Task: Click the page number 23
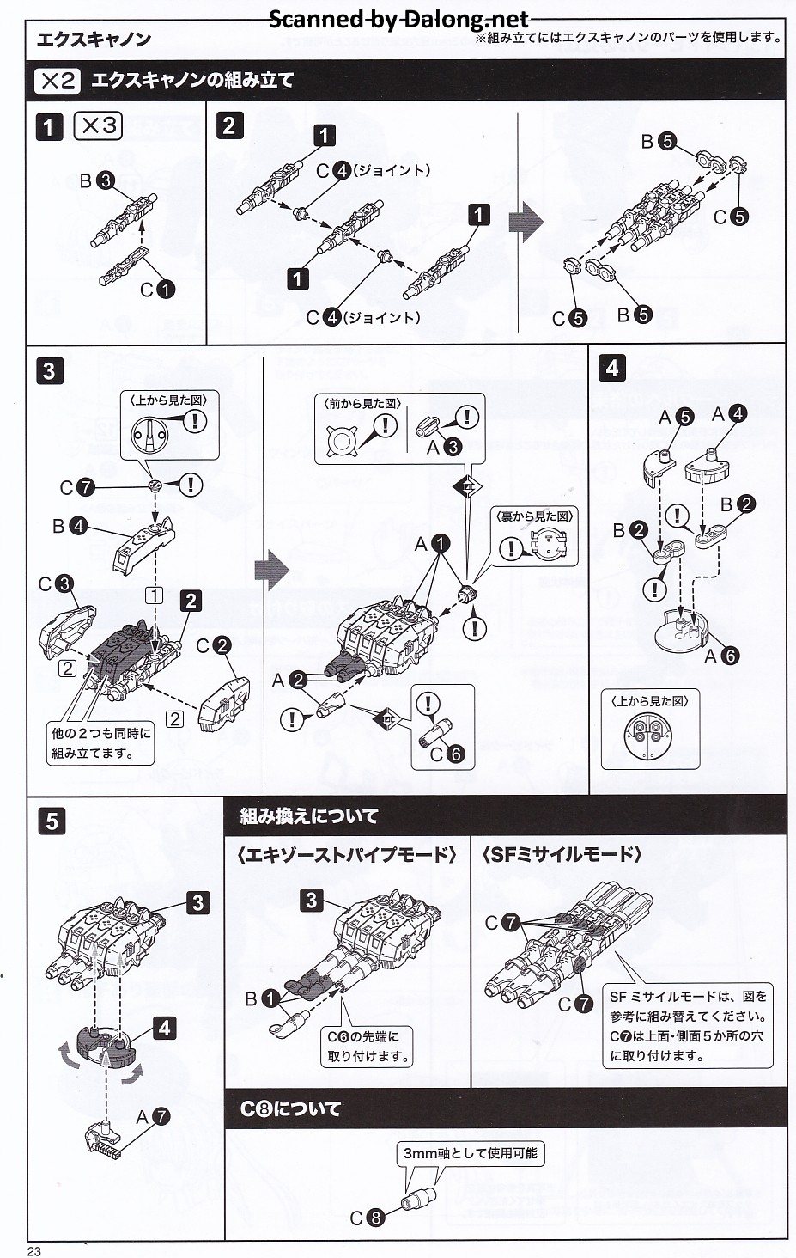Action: point(34,1251)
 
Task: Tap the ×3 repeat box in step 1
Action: point(98,125)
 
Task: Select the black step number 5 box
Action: point(52,821)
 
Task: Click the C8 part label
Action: point(366,1218)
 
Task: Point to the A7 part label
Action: point(153,1116)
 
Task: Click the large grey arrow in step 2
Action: point(526,223)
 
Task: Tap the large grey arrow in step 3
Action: point(272,570)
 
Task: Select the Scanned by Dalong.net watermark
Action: point(398,19)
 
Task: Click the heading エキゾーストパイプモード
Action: point(347,854)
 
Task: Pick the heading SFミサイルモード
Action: point(562,854)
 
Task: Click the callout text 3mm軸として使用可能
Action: point(470,1152)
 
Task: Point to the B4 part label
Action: point(70,525)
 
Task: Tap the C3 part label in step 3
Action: point(55,584)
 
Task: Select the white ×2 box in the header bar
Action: point(58,81)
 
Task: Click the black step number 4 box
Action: point(611,369)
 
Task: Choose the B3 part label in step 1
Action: point(96,180)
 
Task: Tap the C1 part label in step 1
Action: point(157,290)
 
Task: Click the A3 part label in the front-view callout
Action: point(444,446)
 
